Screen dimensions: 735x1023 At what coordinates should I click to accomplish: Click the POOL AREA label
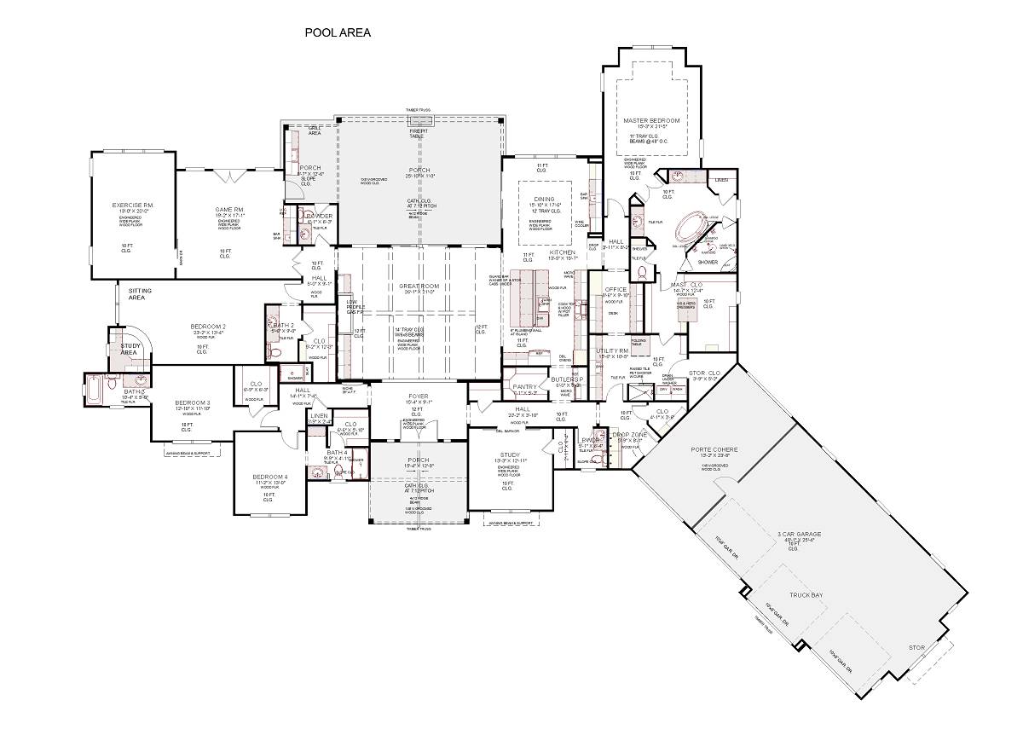(338, 33)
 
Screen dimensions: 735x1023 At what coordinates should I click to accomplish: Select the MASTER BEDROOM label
(652, 122)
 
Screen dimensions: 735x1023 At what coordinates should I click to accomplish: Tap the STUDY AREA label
(130, 349)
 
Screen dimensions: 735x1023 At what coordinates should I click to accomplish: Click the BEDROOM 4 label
(270, 477)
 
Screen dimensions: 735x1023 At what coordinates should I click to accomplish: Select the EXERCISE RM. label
(132, 205)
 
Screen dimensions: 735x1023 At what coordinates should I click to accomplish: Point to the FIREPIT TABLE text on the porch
(416, 133)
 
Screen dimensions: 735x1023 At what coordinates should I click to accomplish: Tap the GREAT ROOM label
(418, 286)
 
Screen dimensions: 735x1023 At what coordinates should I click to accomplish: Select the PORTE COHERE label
(714, 449)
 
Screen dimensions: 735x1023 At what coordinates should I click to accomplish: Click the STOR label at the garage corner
(916, 648)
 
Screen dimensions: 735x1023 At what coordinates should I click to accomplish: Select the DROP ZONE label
(632, 436)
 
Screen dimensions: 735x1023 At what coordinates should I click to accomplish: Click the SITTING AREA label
(140, 294)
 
